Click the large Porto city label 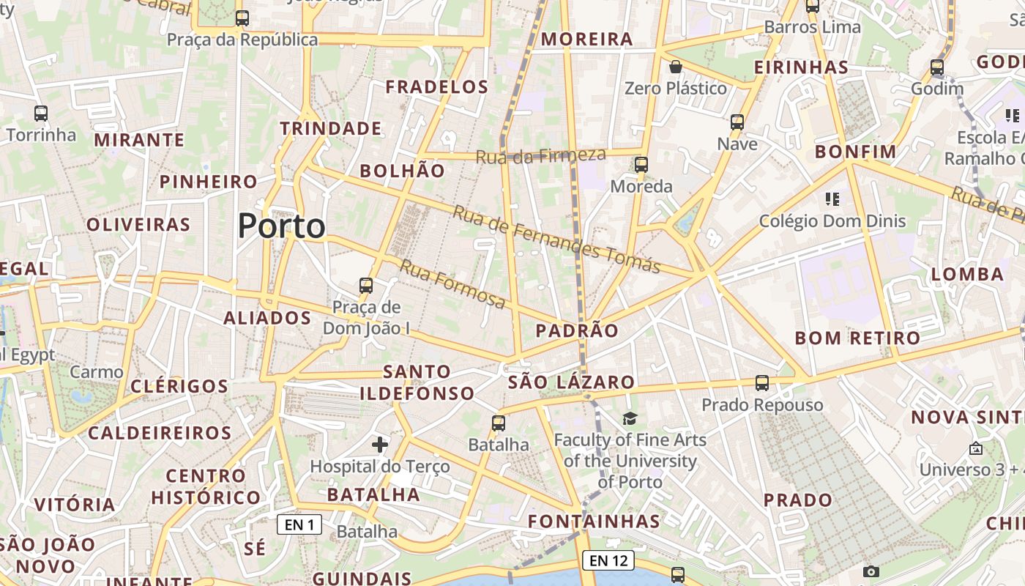coord(282,226)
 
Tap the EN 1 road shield coord(299,524)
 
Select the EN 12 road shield coord(608,560)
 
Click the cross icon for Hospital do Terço coord(380,444)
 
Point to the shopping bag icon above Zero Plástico coord(676,67)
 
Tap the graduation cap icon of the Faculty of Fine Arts coord(630,418)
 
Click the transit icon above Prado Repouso coord(762,383)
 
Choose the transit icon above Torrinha coord(41,114)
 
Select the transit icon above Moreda coord(641,165)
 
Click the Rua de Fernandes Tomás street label coord(556,239)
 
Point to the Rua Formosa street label coord(452,284)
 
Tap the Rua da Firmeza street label coord(541,155)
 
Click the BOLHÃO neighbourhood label coord(402,171)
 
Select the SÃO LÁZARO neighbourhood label coord(571,382)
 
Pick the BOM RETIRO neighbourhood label coord(857,338)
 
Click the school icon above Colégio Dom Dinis coord(832,199)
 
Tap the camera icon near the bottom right coord(871,571)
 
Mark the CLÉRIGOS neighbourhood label coord(179,386)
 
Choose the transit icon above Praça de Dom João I coord(366,286)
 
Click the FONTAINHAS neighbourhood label coord(594,522)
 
